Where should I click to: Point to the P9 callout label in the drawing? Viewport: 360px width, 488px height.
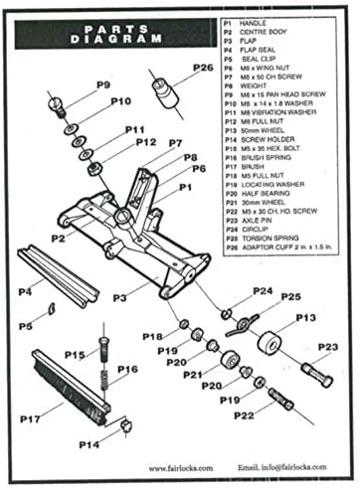coord(103,85)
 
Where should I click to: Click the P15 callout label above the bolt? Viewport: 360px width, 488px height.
coord(75,354)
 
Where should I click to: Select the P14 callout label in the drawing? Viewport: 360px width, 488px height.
coord(89,443)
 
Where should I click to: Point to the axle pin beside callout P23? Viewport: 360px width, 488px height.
coord(313,377)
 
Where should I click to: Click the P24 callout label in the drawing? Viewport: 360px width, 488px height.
coord(262,291)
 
